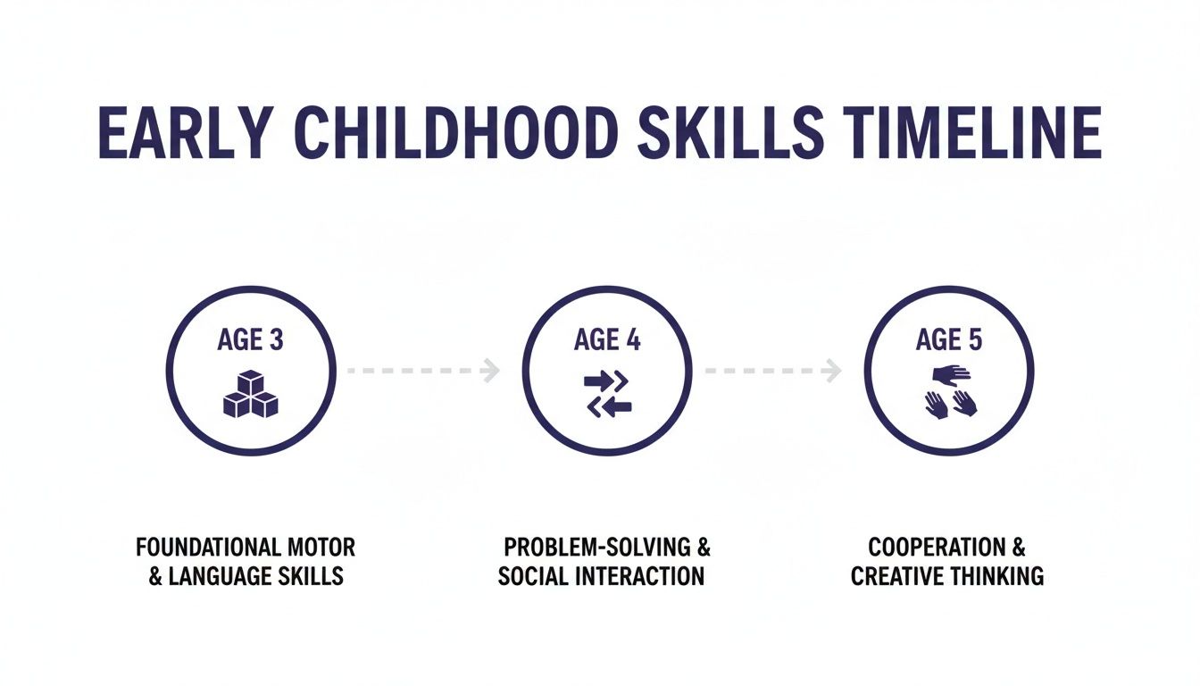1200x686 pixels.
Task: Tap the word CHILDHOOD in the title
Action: point(455,134)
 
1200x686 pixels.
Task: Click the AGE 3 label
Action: point(251,340)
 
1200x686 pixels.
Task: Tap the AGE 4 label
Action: point(607,340)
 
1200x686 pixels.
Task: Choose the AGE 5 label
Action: point(948,340)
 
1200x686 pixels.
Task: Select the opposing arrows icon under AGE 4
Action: point(607,394)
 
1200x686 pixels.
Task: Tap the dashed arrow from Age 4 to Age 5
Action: point(772,369)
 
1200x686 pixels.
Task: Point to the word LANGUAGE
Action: point(221,576)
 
